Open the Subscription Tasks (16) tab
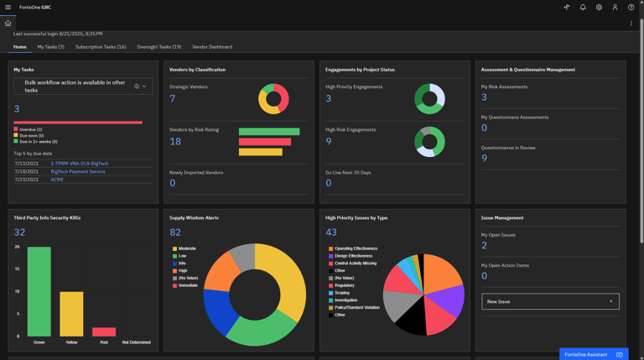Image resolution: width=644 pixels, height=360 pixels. tap(101, 47)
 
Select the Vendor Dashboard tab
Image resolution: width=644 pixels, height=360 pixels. tap(212, 47)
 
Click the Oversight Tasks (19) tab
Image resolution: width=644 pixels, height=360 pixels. tap(158, 47)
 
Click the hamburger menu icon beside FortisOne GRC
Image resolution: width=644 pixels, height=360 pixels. tap(8, 8)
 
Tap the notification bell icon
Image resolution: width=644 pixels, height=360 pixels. tap(583, 8)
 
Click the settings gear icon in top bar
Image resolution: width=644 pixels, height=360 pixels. tap(599, 8)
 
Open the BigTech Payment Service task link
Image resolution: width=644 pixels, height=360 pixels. tap(78, 171)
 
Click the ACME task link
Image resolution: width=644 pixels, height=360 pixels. tap(57, 180)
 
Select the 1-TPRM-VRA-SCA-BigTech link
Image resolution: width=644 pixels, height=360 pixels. tap(80, 164)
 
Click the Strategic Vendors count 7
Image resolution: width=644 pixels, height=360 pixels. tap(173, 98)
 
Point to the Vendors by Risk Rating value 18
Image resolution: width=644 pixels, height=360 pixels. tap(175, 141)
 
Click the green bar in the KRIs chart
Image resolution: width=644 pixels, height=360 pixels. tap(39, 291)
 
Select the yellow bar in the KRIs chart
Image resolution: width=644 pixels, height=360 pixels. tap(71, 314)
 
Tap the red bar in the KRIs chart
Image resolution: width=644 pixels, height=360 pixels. tap(104, 332)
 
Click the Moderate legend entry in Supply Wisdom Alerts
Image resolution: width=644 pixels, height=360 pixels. tap(186, 248)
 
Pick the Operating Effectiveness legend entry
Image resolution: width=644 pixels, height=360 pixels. tap(355, 248)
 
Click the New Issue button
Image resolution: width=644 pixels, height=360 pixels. tap(550, 301)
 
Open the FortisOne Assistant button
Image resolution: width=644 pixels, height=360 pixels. tap(593, 354)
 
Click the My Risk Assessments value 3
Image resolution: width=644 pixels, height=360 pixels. tap(484, 97)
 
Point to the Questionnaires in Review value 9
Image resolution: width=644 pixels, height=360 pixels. tap(484, 158)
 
